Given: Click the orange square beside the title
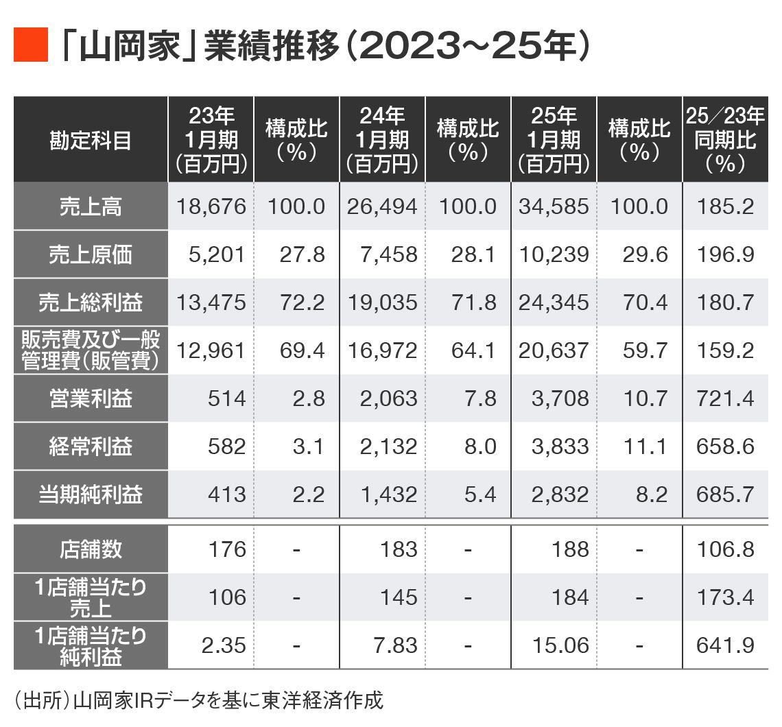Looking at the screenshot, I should point(31,46).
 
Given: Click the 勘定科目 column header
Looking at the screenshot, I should point(91,140).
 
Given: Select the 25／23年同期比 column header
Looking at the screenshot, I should point(725,140).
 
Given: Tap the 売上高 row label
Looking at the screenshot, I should point(91,206).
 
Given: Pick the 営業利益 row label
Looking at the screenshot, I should point(91,398).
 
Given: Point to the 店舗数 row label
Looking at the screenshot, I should point(91,549).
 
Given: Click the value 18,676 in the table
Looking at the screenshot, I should point(211,206).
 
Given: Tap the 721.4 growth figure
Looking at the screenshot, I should point(725,398).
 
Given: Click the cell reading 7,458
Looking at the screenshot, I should point(388,254).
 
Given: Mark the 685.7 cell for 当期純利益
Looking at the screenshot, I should point(725,494).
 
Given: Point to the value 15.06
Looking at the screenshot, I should point(560,645).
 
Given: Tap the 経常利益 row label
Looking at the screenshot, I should point(91,446).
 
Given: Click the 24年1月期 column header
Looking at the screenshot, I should point(382,140).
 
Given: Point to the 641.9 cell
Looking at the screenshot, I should point(725,645).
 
